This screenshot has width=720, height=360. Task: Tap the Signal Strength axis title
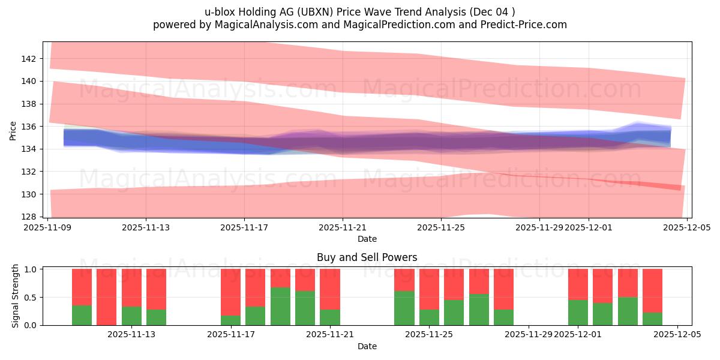16,296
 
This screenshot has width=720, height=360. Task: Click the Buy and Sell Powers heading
367,257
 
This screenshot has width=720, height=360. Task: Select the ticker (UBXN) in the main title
329,11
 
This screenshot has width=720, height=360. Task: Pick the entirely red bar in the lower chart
106,297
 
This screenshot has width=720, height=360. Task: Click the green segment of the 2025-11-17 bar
230,320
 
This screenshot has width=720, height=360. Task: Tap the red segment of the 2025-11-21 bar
329,289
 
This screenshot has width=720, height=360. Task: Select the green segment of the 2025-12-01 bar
578,313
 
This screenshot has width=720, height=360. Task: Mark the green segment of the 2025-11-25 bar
429,317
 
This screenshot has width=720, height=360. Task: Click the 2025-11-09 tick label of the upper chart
47,227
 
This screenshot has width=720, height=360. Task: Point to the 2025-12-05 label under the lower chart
677,335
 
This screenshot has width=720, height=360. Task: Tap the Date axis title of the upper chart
367,239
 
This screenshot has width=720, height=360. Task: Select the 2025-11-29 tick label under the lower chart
529,335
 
